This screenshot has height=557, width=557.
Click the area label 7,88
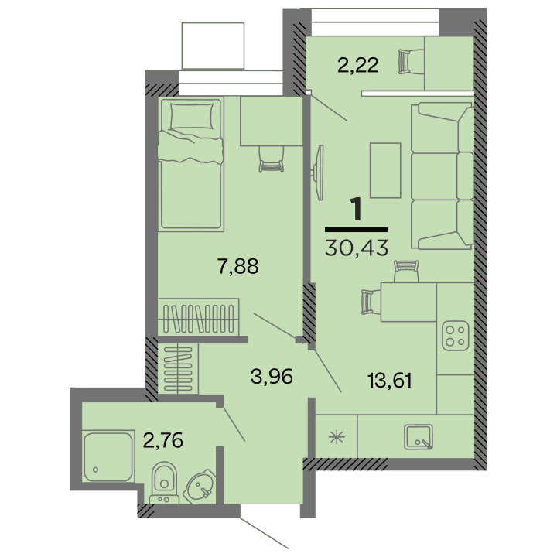click(x=237, y=267)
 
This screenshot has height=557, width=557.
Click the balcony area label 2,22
click(x=357, y=66)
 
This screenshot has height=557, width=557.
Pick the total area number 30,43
click(x=357, y=247)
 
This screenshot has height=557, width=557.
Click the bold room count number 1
click(x=357, y=210)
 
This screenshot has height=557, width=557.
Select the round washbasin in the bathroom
click(x=203, y=487)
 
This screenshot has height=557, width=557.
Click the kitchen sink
click(x=420, y=437)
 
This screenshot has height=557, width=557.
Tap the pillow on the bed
click(x=191, y=117)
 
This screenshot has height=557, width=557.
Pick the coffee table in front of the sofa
click(x=385, y=170)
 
